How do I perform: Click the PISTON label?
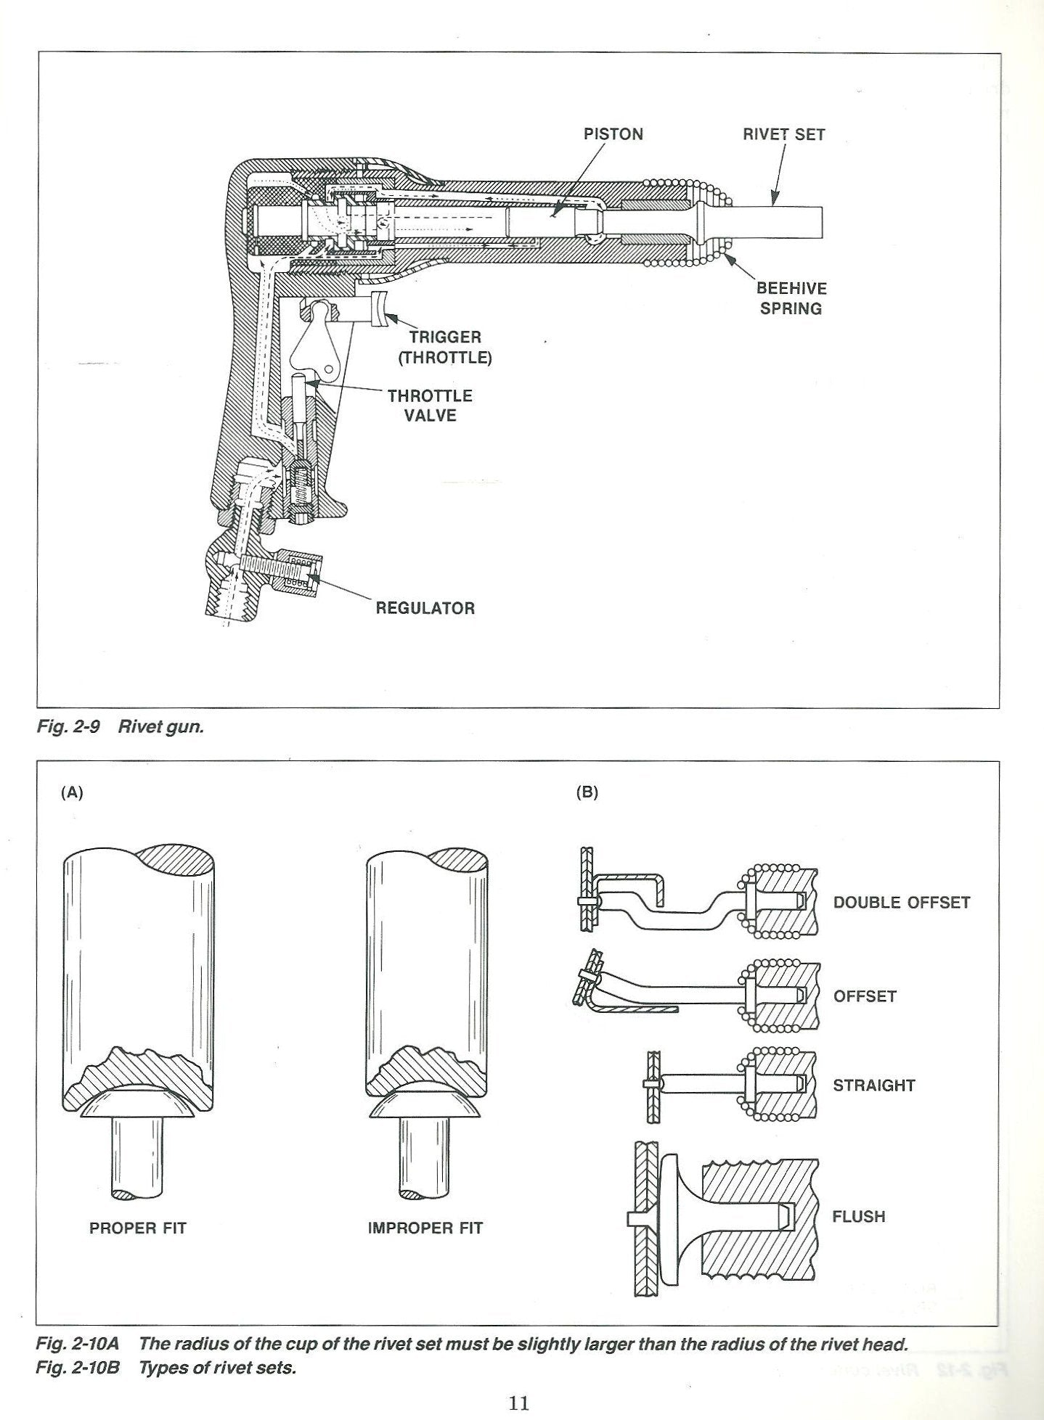613,134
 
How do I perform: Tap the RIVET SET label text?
783,134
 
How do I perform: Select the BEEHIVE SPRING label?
791,298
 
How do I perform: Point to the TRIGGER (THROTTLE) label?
445,347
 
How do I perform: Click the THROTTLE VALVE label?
430,406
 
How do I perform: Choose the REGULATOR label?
425,608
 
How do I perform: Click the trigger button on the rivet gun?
380,308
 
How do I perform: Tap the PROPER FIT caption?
138,1228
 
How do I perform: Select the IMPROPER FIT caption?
425,1228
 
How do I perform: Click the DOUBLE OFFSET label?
902,903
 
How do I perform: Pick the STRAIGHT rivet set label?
874,1085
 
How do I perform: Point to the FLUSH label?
859,1216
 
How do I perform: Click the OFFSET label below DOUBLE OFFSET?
865,996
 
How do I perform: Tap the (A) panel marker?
72,793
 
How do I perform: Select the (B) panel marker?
587,792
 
